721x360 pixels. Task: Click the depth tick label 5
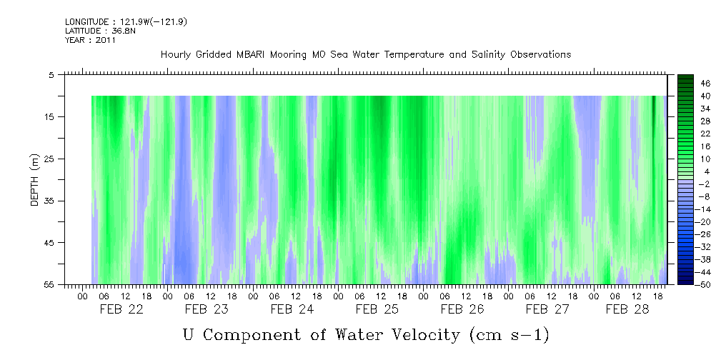pos(51,74)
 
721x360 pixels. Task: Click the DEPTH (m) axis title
pos(34,179)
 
